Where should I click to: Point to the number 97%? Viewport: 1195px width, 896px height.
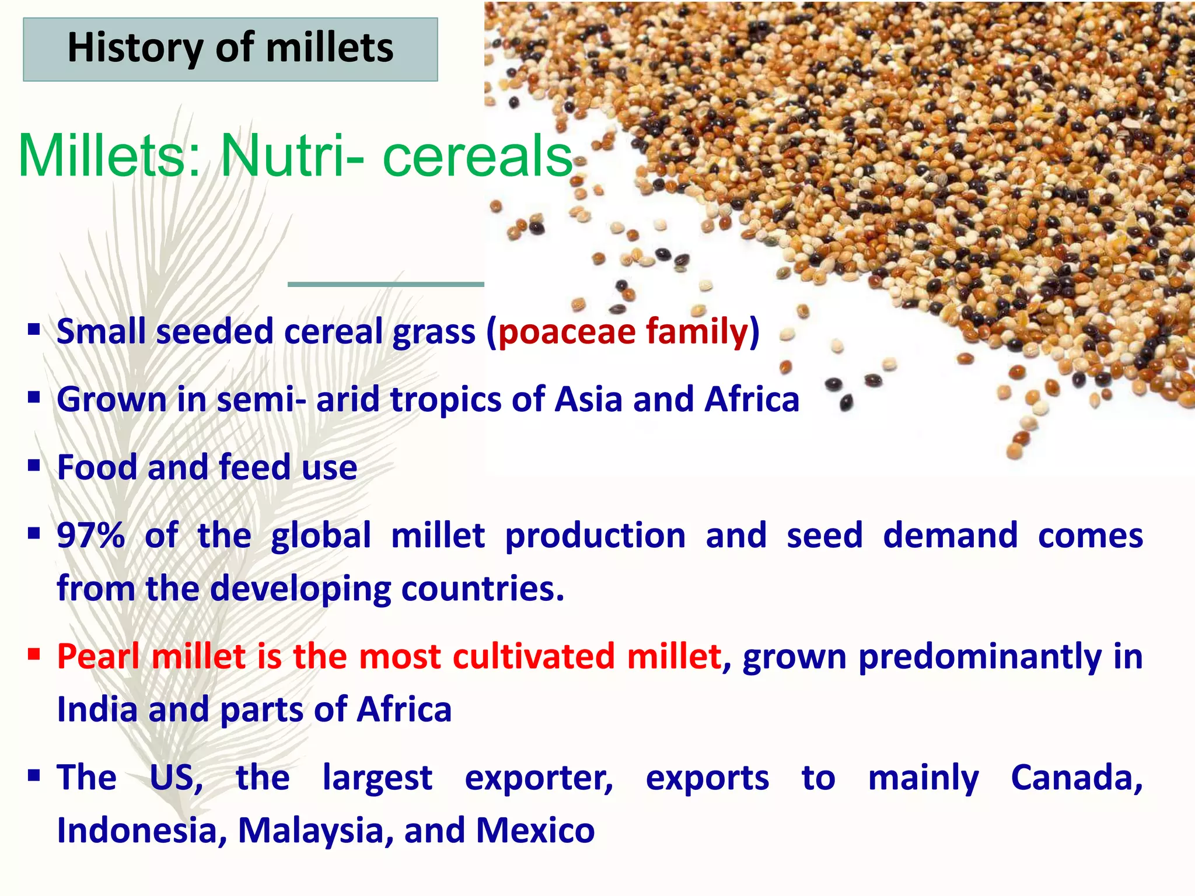pyautogui.click(x=91, y=535)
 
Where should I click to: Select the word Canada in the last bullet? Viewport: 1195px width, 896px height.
pyautogui.click(x=1076, y=778)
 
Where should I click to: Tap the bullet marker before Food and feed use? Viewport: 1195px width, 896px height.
pyautogui.click(x=34, y=466)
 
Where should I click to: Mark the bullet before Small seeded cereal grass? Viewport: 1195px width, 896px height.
pyautogui.click(x=34, y=330)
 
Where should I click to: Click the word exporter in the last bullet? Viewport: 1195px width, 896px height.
pyautogui.click(x=539, y=778)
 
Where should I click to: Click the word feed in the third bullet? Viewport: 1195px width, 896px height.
pyautogui.click(x=254, y=467)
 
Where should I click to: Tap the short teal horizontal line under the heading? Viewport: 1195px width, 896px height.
pyautogui.click(x=386, y=284)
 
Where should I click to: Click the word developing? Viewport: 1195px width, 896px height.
pyautogui.click(x=300, y=589)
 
